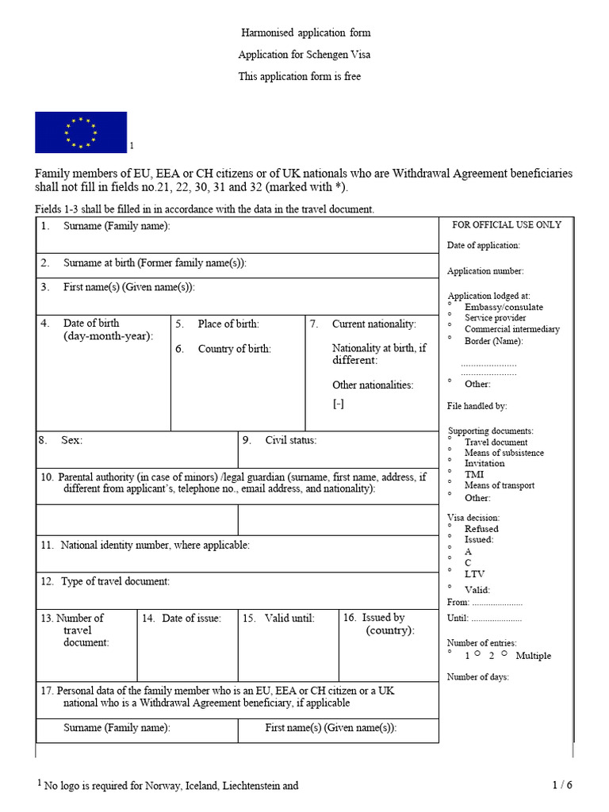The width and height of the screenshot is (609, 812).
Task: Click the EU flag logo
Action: pyautogui.click(x=81, y=132)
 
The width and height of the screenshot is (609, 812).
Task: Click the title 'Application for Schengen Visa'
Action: pyautogui.click(x=304, y=55)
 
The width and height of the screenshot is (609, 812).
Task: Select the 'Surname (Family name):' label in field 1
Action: pyautogui.click(x=117, y=226)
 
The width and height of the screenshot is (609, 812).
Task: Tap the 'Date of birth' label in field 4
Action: pyautogui.click(x=91, y=324)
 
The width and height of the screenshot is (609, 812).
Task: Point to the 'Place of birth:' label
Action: pyautogui.click(x=228, y=324)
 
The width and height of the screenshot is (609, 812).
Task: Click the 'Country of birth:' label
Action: pyautogui.click(x=234, y=349)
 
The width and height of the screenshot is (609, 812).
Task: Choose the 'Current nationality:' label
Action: pyautogui.click(x=373, y=324)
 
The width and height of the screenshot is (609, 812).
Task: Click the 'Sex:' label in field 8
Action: pyautogui.click(x=71, y=439)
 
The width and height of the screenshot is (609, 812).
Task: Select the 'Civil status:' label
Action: pyautogui.click(x=290, y=439)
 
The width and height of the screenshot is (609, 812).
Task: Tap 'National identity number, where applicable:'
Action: pyautogui.click(x=155, y=545)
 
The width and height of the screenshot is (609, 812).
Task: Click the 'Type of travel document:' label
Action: pyautogui.click(x=115, y=581)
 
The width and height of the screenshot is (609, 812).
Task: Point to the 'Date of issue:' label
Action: pyautogui.click(x=191, y=618)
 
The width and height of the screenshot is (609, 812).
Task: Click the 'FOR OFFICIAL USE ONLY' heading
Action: pyautogui.click(x=506, y=224)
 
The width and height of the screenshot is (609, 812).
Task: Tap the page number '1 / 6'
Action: pyautogui.click(x=561, y=785)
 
